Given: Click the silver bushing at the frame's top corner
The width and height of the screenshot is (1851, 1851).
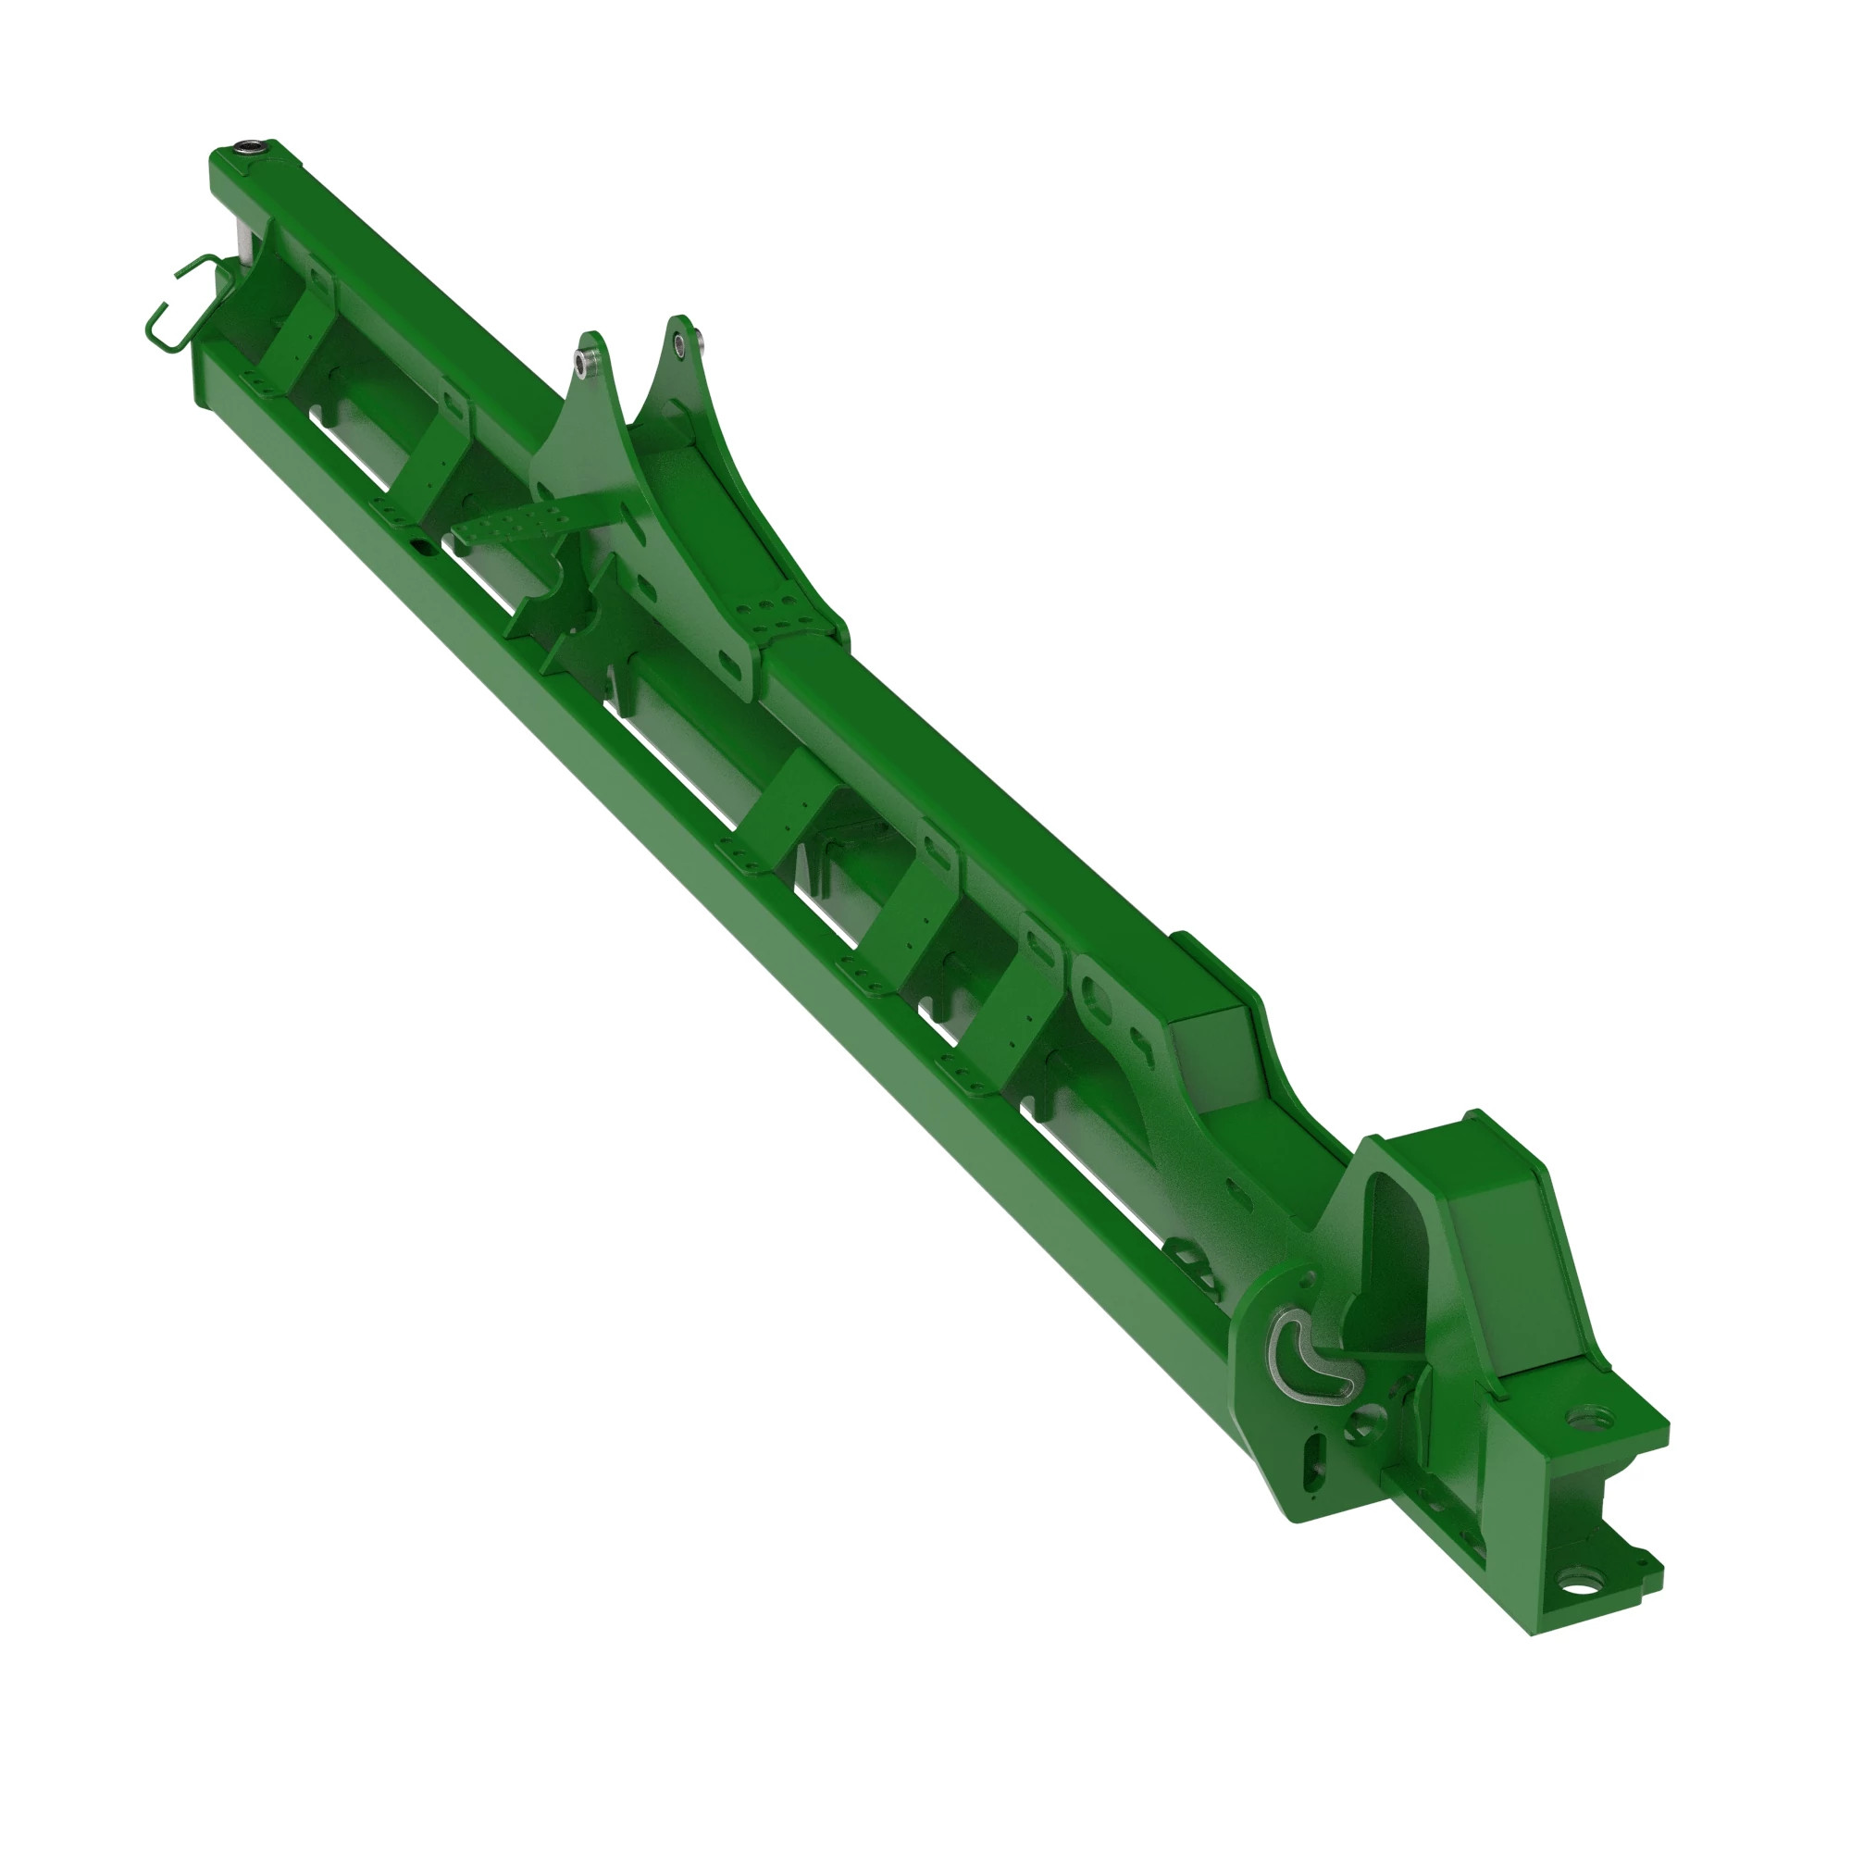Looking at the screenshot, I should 251,148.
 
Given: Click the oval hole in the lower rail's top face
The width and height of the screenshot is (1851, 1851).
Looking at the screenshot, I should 421,544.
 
